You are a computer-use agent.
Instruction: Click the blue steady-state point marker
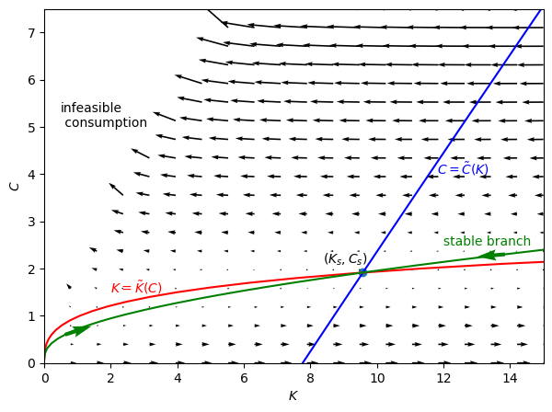(x=362, y=272)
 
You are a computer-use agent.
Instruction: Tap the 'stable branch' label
(x=487, y=242)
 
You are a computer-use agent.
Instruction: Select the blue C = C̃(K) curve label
(x=463, y=169)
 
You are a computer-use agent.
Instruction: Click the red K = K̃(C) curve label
(x=136, y=288)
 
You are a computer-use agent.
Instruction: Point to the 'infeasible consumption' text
(x=103, y=116)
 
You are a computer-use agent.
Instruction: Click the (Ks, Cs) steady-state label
(x=345, y=258)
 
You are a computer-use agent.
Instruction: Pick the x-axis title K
(x=293, y=396)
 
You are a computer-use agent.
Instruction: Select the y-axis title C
(x=14, y=186)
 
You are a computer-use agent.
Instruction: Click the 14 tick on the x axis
(x=510, y=378)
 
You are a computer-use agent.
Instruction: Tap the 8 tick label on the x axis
(x=310, y=378)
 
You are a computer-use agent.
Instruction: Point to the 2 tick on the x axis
(x=111, y=378)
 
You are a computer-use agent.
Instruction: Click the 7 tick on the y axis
(x=31, y=33)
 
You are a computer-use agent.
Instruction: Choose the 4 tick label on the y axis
(x=31, y=175)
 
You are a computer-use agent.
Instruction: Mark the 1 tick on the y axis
(x=31, y=316)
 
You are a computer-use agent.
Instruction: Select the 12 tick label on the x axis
(x=443, y=378)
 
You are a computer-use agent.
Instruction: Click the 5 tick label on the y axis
(x=31, y=128)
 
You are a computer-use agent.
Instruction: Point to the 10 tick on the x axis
(x=376, y=378)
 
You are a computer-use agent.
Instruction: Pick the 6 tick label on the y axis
(x=31, y=80)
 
